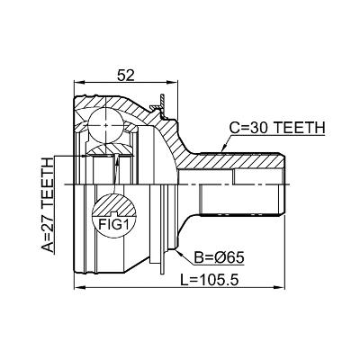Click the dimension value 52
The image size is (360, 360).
[126, 76]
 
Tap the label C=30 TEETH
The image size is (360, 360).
[277, 128]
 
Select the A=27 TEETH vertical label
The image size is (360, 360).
[48, 205]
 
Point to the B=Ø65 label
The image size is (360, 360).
[219, 257]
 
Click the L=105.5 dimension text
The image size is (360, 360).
[210, 280]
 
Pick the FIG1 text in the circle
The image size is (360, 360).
[113, 224]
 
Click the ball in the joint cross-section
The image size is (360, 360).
[106, 125]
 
